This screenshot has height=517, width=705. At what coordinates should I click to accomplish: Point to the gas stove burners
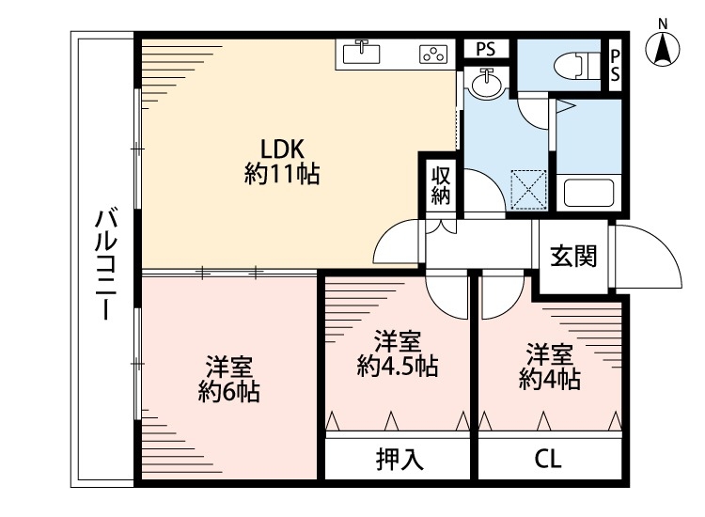pyautogui.click(x=432, y=55)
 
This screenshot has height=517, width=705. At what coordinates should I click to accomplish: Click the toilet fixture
pyautogui.click(x=572, y=66)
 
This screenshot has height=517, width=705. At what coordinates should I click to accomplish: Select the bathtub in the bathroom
pyautogui.click(x=587, y=195)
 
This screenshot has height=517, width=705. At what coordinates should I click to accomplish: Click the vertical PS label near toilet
pyautogui.click(x=615, y=66)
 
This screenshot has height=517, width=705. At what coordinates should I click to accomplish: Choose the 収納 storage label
pyautogui.click(x=441, y=185)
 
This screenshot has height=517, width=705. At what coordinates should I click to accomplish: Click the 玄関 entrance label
pyautogui.click(x=573, y=257)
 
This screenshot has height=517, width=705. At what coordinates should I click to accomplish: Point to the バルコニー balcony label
pyautogui.click(x=104, y=266)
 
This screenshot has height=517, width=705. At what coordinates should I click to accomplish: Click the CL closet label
pyautogui.click(x=548, y=460)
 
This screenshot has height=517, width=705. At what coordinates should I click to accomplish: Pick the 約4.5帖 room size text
pyautogui.click(x=397, y=365)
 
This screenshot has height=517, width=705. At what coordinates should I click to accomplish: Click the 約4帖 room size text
pyautogui.click(x=549, y=379)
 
